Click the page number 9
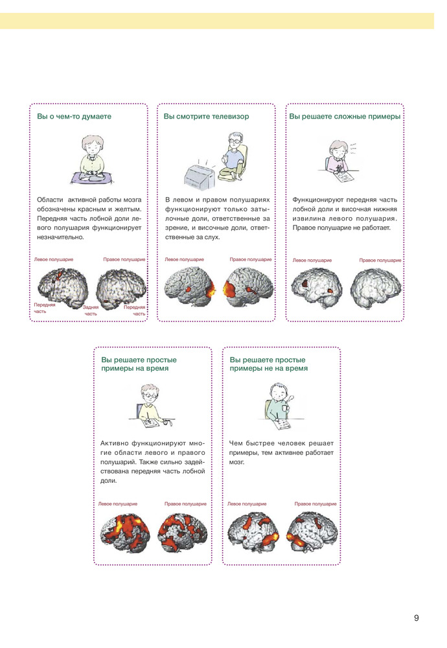click(416, 618)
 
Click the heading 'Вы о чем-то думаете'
click(74, 117)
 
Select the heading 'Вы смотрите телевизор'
click(206, 117)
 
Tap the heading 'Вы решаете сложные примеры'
click(345, 117)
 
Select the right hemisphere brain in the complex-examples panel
click(376, 288)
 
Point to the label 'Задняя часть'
click(91, 310)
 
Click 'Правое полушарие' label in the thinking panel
click(124, 260)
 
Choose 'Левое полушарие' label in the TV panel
click(184, 260)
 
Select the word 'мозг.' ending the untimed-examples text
click(236, 463)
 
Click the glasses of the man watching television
click(233, 141)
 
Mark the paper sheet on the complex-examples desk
click(345, 177)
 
